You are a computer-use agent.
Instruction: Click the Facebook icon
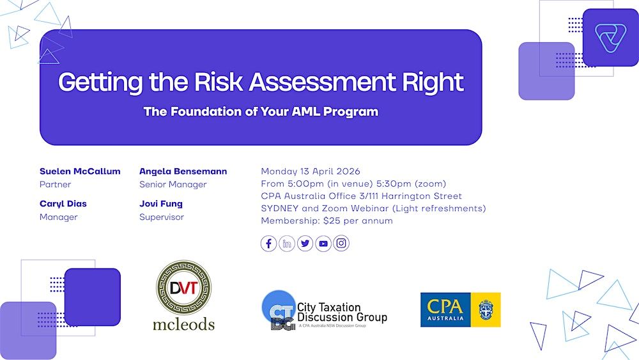coord(268,244)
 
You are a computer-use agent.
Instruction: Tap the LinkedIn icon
coord(287,244)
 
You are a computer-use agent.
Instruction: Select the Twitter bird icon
coord(305,244)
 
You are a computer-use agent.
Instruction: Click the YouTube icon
coord(323,244)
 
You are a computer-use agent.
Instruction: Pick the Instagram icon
coord(341,244)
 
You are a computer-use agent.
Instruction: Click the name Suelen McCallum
coord(80,171)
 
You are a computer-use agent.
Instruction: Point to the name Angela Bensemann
coord(183,171)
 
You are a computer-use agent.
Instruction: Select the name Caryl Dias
coord(63,204)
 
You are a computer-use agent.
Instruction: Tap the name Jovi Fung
coord(161,204)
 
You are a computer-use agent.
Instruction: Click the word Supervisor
coord(162,217)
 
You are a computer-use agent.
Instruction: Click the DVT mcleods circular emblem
coord(184,288)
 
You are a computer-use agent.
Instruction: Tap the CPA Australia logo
coord(461,309)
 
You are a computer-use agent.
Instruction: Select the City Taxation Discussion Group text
coord(342,312)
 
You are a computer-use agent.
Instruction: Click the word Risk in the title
coord(219,82)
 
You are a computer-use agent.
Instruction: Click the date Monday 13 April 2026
coord(311,171)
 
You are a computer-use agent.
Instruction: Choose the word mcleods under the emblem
coord(184,325)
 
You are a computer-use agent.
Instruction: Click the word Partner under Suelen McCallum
coord(55,184)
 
